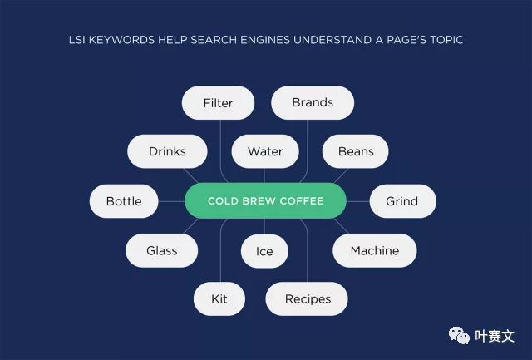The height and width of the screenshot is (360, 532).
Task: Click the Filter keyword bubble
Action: tap(218, 103)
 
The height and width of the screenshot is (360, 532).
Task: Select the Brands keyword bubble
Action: tap(313, 102)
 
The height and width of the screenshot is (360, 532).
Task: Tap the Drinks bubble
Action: tap(167, 151)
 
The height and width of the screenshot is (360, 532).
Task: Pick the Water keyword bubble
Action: tap(265, 151)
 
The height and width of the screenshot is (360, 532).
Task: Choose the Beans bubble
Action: tap(356, 151)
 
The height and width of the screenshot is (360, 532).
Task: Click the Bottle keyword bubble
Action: tap(124, 201)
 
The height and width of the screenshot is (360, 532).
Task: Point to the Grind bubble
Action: tap(402, 201)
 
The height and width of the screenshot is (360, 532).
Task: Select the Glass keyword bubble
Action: tap(161, 251)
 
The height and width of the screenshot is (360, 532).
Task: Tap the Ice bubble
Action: tap(264, 251)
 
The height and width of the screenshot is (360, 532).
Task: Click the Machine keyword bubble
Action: tap(375, 251)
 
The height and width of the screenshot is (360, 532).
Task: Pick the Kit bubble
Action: tap(219, 299)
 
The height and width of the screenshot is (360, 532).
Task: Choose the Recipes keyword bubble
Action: tap(307, 299)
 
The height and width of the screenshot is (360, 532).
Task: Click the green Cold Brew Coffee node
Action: tap(265, 201)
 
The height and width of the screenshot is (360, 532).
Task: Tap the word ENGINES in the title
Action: tap(265, 40)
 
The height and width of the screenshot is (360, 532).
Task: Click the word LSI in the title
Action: tap(76, 40)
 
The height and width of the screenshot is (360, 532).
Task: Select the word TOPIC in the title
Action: tap(446, 40)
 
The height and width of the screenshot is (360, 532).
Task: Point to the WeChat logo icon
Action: tap(459, 335)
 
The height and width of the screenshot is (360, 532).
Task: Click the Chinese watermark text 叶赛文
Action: tap(495, 336)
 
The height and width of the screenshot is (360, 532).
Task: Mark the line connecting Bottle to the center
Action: tap(171, 201)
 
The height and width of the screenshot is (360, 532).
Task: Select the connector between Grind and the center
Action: tap(358, 201)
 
